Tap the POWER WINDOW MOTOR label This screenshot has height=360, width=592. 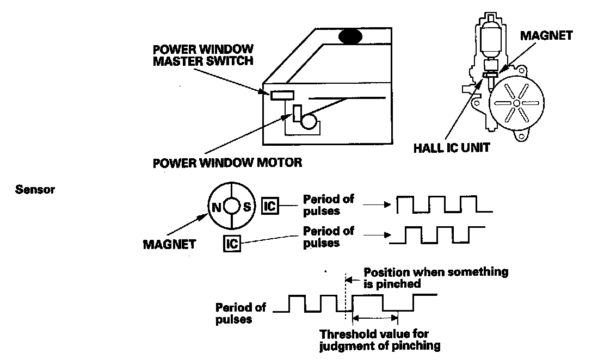coord(227,162)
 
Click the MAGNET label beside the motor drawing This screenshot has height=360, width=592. coord(546,36)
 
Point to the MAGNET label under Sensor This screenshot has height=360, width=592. coord(169,244)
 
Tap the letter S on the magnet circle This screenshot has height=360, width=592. coord(246,207)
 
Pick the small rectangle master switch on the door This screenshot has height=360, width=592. coord(282,95)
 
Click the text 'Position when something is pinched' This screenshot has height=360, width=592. coord(435,277)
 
